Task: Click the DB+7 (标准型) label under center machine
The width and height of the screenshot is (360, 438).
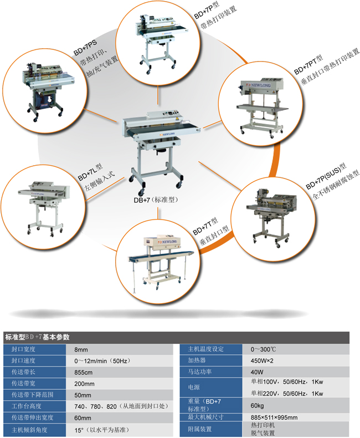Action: pyautogui.click(x=156, y=200)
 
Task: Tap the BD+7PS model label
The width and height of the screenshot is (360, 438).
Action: pyautogui.click(x=85, y=48)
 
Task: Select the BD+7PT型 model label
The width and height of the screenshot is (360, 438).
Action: pyautogui.click(x=308, y=65)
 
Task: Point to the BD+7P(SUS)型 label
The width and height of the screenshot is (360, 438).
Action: pyautogui.click(x=326, y=176)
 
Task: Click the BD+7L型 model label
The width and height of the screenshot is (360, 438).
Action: pyautogui.click(x=90, y=172)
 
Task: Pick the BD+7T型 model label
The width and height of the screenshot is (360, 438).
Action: pyautogui.click(x=205, y=227)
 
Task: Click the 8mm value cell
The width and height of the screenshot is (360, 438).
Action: pyautogui.click(x=81, y=350)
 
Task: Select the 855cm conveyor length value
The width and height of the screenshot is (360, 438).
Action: pyautogui.click(x=83, y=373)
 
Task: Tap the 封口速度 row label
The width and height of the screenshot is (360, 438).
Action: pyautogui.click(x=23, y=360)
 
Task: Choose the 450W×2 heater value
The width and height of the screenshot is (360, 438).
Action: pyautogui.click(x=262, y=360)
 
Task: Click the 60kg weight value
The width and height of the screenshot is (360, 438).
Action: pyautogui.click(x=257, y=406)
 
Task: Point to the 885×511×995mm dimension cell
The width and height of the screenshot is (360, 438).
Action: pyautogui.click(x=274, y=417)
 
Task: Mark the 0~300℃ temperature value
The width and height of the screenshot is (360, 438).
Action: pyautogui.click(x=263, y=349)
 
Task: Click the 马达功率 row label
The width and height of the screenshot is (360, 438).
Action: pyautogui.click(x=199, y=372)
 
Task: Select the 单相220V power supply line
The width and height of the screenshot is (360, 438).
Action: pyautogui.click(x=287, y=393)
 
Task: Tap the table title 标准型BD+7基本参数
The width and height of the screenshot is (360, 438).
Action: pyautogui.click(x=37, y=337)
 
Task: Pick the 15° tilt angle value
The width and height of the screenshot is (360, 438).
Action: pyautogui.click(x=101, y=430)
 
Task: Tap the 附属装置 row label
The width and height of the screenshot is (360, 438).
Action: pyautogui.click(x=199, y=429)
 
